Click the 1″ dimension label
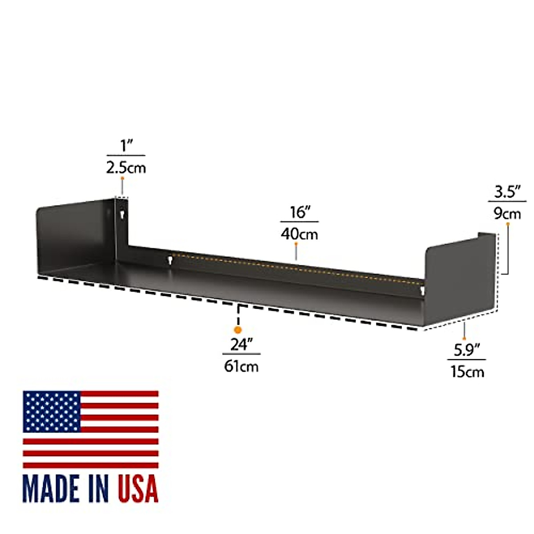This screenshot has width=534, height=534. pyautogui.click(x=126, y=145)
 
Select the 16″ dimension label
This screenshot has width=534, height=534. pyautogui.click(x=299, y=212)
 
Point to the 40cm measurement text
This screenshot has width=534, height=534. pyautogui.click(x=299, y=234)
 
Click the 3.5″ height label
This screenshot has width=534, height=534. pyautogui.click(x=507, y=192)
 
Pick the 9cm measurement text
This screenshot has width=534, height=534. pyautogui.click(x=507, y=214)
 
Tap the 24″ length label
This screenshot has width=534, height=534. pyautogui.click(x=241, y=344)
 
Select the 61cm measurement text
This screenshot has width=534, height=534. pyautogui.click(x=241, y=366)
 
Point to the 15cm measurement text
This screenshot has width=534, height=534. pyautogui.click(x=467, y=372)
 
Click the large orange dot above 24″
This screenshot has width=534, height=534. pyautogui.click(x=238, y=330)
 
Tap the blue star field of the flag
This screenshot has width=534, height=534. pyautogui.click(x=52, y=411)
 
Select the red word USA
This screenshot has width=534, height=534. pyautogui.click(x=138, y=488)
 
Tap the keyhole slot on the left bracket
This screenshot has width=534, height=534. pyautogui.click(x=121, y=215)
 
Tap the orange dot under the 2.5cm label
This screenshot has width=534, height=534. pyautogui.click(x=121, y=178)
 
